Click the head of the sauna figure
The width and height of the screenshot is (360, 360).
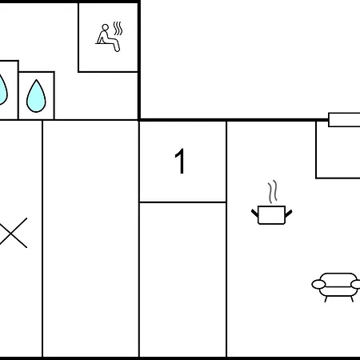pos(106,27)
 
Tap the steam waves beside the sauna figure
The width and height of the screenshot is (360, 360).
pos(118,29)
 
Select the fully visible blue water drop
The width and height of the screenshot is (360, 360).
pos(36,96)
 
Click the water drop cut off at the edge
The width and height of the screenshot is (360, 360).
pos(2,90)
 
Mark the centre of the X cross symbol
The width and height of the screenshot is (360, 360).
pos(11,233)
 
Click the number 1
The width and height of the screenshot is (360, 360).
pos(181,161)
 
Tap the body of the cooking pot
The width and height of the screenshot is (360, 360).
pos(271,215)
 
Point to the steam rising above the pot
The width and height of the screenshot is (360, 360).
pos(273,192)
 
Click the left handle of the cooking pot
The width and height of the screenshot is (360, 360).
pos(255,213)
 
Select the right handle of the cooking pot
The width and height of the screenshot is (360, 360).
pos(289,213)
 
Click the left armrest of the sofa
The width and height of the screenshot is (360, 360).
pos(318,285)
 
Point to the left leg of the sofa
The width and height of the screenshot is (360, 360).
pos(326,299)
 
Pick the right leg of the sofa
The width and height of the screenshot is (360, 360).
pos(351,299)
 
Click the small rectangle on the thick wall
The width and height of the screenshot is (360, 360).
pos(344,120)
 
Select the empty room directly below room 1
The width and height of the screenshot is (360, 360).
pos(183,279)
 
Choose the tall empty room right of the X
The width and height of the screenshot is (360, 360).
pos(90,238)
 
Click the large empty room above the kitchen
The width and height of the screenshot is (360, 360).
pos(250,59)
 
